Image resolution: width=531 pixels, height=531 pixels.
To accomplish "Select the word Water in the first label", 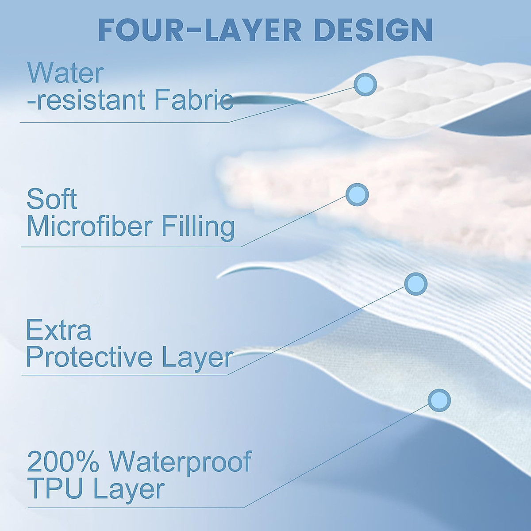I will coord(65,73).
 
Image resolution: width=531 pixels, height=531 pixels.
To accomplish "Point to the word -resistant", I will coord(87,100).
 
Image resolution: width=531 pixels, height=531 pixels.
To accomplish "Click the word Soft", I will coord(52,199).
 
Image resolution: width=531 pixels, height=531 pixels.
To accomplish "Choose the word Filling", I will coord(197,227).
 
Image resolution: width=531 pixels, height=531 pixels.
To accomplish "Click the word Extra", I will coord(59,330).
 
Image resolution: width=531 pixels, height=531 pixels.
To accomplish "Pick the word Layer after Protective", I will coord(197,358).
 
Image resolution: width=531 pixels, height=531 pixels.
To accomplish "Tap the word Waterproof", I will coord(181,462).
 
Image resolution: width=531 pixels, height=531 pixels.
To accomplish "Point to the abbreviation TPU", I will coord(55,489).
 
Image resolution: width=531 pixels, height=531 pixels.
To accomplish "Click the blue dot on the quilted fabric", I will coord(365,84).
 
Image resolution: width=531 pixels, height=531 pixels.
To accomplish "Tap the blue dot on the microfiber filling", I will coord(357,194).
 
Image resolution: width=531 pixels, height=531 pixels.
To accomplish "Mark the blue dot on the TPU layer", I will coord(439,400).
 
